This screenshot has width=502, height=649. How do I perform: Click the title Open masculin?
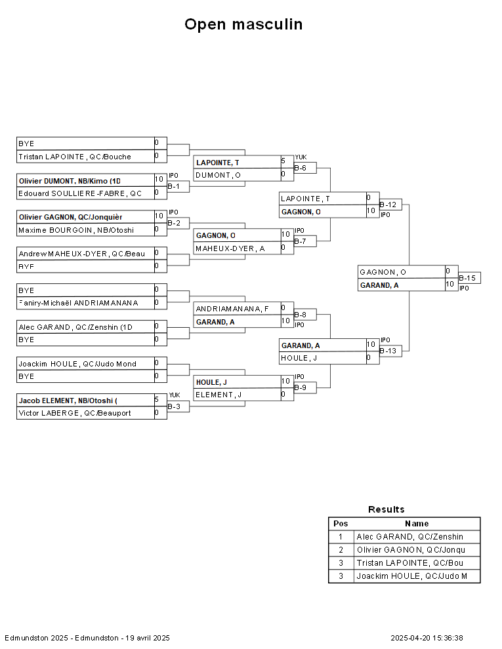coord(243,24)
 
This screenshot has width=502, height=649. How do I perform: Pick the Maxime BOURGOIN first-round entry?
coord(75,230)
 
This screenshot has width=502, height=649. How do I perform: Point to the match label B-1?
coord(174,187)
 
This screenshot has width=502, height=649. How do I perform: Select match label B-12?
coord(388,205)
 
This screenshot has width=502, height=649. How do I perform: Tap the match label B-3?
coord(174,407)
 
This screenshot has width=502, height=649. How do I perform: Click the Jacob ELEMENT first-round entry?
coord(68,401)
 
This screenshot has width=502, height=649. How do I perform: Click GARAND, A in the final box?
coord(379,285)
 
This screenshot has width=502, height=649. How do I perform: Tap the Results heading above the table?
coord(386,509)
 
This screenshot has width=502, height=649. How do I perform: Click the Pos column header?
coord(341,524)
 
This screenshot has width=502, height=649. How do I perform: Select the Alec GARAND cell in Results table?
coord(409,537)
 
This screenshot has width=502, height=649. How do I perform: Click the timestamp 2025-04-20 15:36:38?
coord(427,638)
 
